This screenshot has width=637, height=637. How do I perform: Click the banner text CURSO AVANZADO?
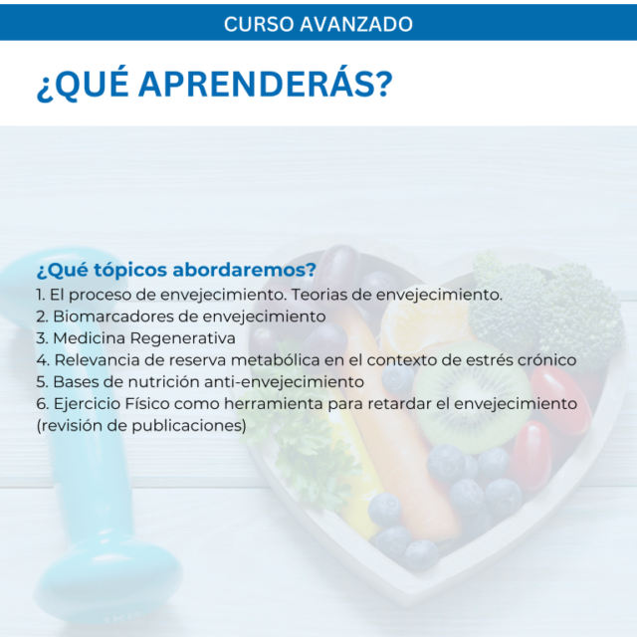[318, 24]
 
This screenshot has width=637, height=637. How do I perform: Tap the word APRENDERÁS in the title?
[266, 84]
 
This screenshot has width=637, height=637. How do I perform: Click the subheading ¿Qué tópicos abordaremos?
[176, 270]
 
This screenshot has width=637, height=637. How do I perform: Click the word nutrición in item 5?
[161, 382]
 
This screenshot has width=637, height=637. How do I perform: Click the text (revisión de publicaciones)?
[141, 426]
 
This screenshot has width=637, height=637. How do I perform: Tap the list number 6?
[43, 404]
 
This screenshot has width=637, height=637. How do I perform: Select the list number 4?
[43, 360]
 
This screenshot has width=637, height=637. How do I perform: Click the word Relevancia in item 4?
[108, 360]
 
